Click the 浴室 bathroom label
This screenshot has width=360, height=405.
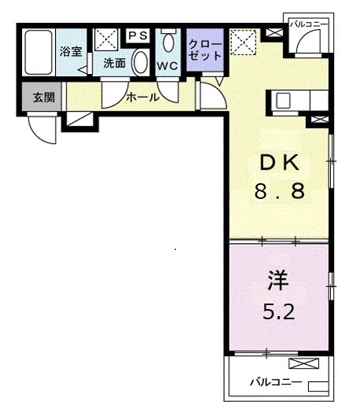coord(71,52)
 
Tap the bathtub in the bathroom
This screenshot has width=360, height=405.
coord(37,53)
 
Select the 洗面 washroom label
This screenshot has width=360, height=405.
coord(114,64)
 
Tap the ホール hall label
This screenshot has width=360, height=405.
coord(143,98)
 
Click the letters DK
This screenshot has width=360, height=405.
coord(280,164)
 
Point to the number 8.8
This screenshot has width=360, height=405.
coord(279,191)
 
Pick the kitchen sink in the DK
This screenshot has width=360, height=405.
coord(283,101)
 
